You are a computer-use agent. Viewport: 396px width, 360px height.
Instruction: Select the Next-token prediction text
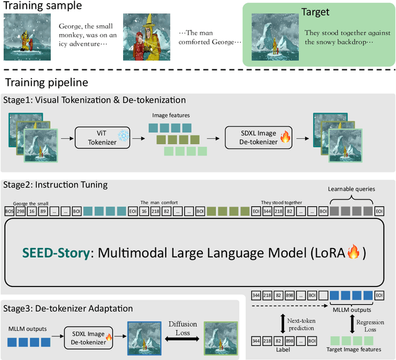[x=301, y=322]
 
